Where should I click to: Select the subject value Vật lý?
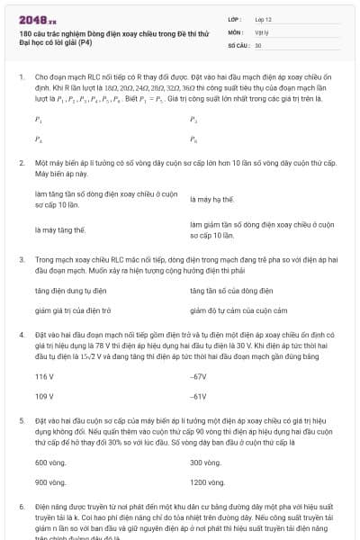coord(262,31)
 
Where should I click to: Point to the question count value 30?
coord(258,44)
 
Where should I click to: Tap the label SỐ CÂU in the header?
coord(238,44)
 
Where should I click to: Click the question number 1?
coord(22,78)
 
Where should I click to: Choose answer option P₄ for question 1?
coord(38,139)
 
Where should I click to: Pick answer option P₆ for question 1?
coord(193,139)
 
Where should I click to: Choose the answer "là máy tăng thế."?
coord(60,229)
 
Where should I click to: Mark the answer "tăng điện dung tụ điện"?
coord(71,291)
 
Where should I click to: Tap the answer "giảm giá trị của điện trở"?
coord(73,310)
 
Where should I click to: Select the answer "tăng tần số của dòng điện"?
coord(228,291)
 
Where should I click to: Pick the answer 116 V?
coord(44,376)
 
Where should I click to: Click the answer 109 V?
coord(44,395)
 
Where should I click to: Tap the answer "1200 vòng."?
coord(207,481)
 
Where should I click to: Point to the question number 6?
coord(22,508)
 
